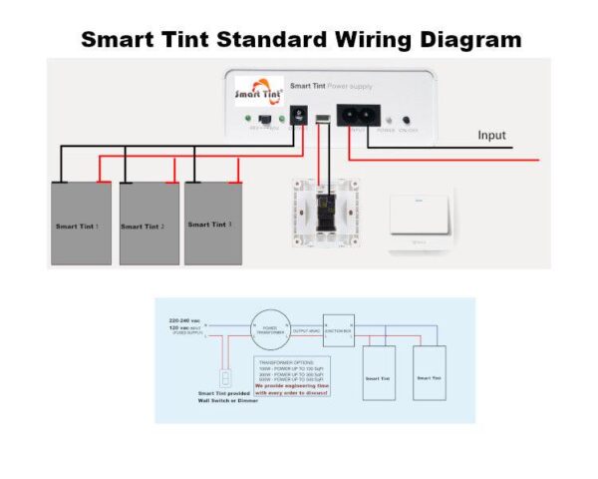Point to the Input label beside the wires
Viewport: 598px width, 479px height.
point(491,136)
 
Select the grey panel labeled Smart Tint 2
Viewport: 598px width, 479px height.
point(149,225)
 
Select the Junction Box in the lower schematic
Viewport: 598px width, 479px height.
point(339,329)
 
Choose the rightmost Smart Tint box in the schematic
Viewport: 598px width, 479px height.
point(429,374)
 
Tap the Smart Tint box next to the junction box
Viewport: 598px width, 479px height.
point(378,374)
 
